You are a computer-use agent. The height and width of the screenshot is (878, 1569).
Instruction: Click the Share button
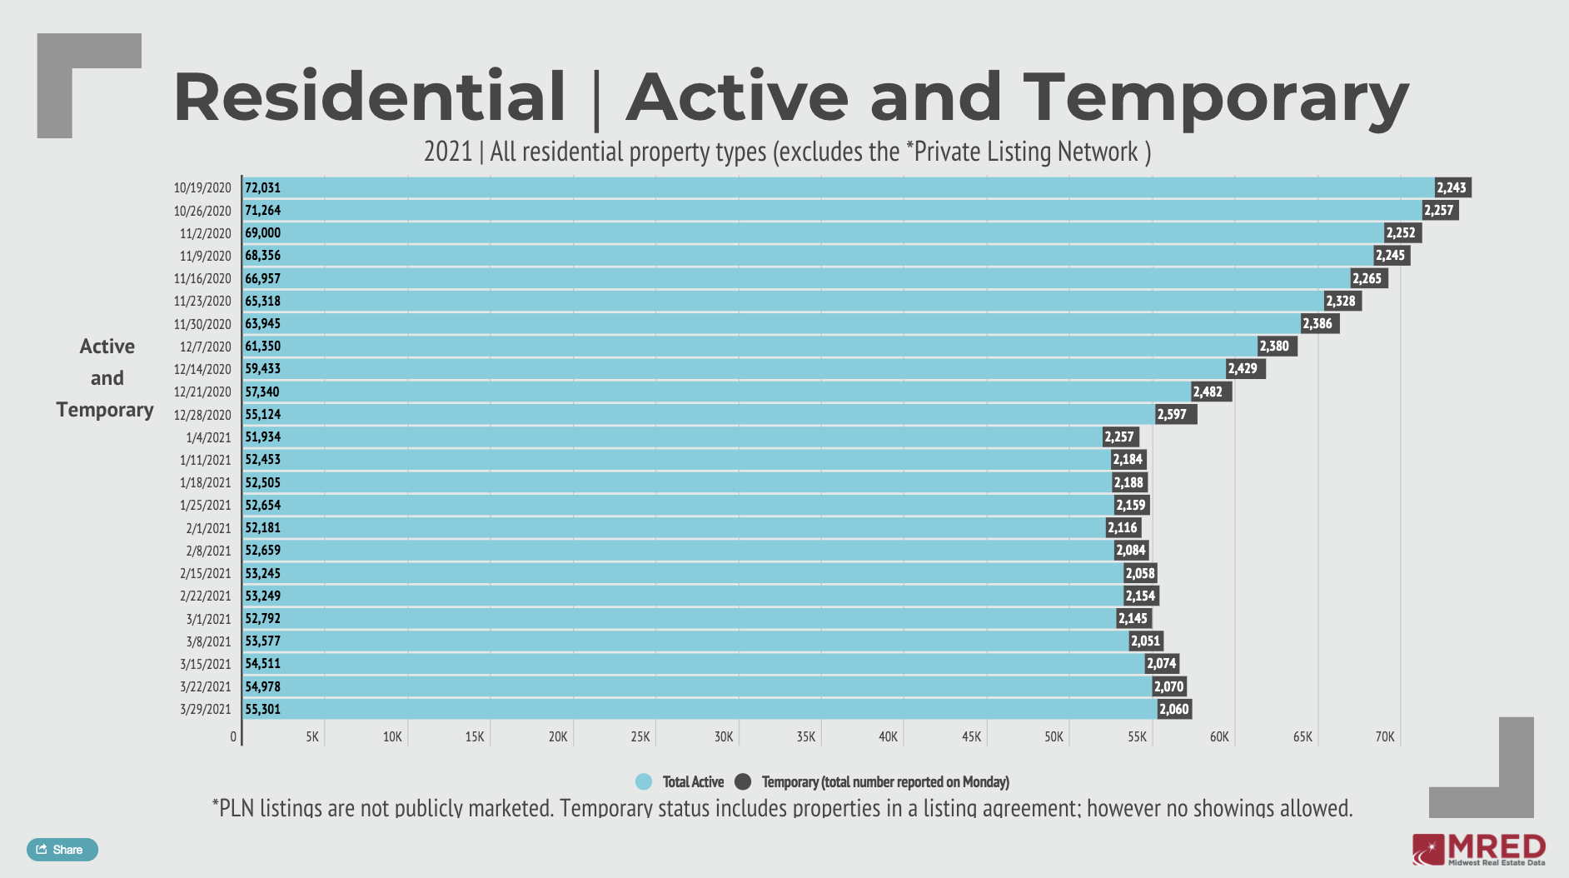(x=62, y=850)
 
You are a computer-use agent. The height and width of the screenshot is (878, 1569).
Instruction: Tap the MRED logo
(x=1478, y=850)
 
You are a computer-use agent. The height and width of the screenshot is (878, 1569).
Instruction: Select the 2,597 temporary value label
(x=1174, y=415)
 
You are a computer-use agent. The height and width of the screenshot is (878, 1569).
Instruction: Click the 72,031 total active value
(x=262, y=188)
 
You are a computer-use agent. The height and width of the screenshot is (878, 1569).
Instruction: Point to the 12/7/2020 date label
(x=205, y=347)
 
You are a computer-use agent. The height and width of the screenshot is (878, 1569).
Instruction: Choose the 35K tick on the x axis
(x=805, y=737)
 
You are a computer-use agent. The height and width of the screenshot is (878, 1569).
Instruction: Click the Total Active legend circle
(x=644, y=782)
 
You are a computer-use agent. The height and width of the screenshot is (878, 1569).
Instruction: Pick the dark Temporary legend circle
(x=743, y=782)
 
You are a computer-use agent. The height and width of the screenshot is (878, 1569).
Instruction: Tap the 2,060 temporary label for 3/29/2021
(x=1174, y=710)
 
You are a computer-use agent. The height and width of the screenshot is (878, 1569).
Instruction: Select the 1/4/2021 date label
(x=208, y=437)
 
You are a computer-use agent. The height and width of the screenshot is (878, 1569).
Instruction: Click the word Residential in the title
(x=369, y=97)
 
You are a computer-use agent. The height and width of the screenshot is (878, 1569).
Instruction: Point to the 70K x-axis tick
(x=1384, y=737)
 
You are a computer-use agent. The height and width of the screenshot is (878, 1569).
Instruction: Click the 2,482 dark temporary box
(x=1210, y=392)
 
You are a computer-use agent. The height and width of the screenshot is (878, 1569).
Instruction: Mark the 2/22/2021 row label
(x=205, y=596)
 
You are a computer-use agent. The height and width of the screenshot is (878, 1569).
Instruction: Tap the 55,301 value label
(x=262, y=710)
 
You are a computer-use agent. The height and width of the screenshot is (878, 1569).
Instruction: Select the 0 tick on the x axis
(x=233, y=737)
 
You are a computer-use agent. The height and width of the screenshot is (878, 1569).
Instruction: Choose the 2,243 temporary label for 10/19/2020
(x=1452, y=188)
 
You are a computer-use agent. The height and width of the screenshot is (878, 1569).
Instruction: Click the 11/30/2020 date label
(x=202, y=324)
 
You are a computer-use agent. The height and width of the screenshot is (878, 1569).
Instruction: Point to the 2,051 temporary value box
(x=1146, y=641)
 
